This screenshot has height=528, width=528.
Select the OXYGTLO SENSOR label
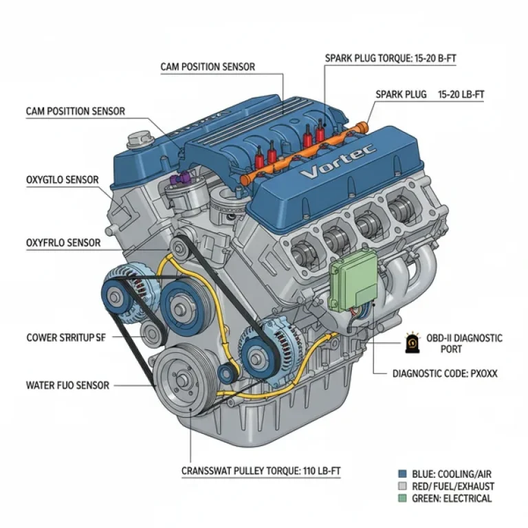63,180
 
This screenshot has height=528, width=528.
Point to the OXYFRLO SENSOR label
63,243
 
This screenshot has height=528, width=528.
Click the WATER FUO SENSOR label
67,386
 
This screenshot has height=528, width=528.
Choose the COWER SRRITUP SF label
66,338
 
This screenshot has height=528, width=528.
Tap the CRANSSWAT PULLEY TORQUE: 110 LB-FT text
261,471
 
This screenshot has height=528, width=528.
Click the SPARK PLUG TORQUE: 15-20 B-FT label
390,60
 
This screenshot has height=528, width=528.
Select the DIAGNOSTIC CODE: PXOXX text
444,374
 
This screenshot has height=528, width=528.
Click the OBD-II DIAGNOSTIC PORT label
464,343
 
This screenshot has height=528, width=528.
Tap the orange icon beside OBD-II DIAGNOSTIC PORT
412,343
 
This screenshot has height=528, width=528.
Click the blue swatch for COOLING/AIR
402,474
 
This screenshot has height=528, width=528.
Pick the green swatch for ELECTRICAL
402,498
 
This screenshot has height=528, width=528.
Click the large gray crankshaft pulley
182,379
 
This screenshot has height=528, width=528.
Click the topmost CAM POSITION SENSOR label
208,67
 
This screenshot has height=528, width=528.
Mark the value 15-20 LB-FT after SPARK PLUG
461,94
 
